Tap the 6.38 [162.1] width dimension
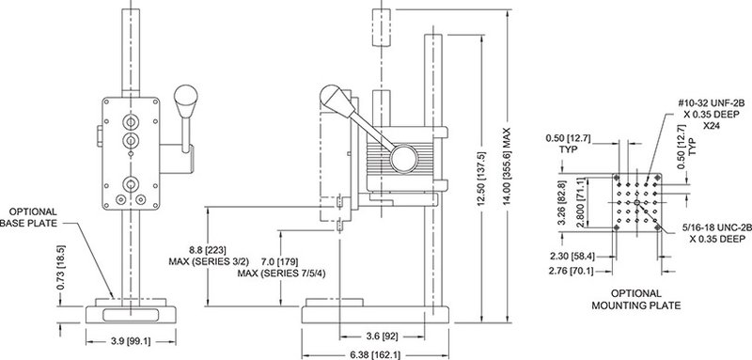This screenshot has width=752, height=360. (374, 355)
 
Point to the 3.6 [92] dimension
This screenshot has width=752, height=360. (382, 337)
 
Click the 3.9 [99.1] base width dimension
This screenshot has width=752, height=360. (131, 341)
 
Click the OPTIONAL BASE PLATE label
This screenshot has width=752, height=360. (30, 217)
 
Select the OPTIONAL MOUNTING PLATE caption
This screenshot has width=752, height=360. (636, 299)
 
